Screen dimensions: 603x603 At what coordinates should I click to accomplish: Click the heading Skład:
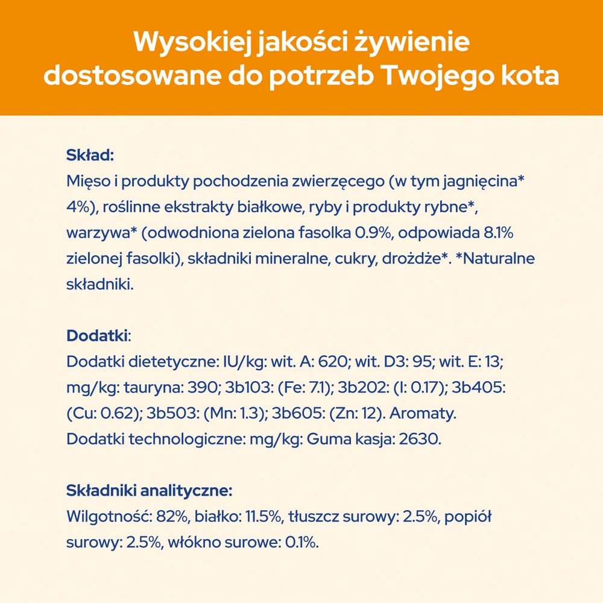[90, 156]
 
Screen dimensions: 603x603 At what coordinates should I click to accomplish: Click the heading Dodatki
[97, 335]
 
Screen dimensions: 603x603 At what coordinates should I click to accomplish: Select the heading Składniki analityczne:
[149, 491]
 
